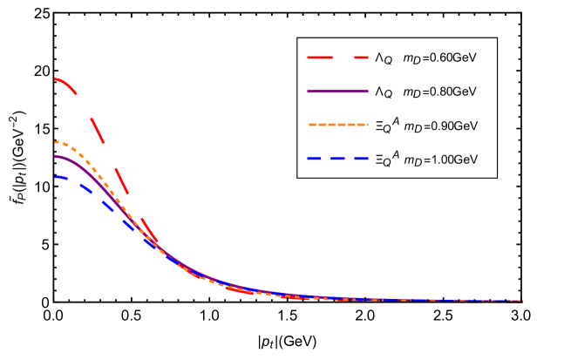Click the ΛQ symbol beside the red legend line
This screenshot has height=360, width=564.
click(x=384, y=59)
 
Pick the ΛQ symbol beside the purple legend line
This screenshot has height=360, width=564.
click(x=384, y=92)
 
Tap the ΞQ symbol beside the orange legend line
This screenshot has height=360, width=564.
click(x=383, y=127)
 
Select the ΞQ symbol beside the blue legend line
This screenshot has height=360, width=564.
click(x=383, y=161)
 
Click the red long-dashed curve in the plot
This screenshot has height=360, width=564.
click(x=105, y=139)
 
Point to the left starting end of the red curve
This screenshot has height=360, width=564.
click(x=56, y=79)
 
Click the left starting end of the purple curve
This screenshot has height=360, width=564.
click(x=56, y=156)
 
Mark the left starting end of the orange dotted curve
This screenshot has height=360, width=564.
click(x=56, y=142)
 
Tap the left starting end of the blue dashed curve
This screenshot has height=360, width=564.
click(x=56, y=177)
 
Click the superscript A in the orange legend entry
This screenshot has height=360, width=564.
click(x=394, y=119)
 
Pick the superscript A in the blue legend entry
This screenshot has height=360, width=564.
click(x=394, y=153)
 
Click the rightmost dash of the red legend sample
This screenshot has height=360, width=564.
click(x=360, y=58)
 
